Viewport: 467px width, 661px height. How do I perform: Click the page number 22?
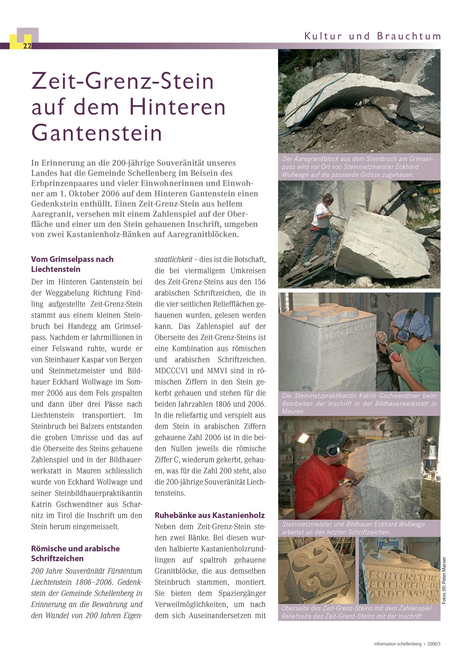(27, 46)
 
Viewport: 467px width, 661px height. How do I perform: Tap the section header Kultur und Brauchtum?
(373, 36)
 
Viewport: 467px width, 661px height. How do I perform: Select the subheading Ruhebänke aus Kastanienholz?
(210, 515)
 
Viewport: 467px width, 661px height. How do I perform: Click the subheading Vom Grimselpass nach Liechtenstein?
(72, 264)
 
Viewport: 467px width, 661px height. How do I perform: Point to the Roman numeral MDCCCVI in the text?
(171, 371)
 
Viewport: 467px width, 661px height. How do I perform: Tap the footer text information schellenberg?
(397, 644)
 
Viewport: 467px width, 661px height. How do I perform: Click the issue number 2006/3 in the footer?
(434, 644)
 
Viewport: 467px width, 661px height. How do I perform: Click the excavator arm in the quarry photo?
(403, 199)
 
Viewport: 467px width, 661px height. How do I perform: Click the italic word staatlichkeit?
(173, 259)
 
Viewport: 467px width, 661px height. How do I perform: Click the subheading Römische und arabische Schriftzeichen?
(75, 553)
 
